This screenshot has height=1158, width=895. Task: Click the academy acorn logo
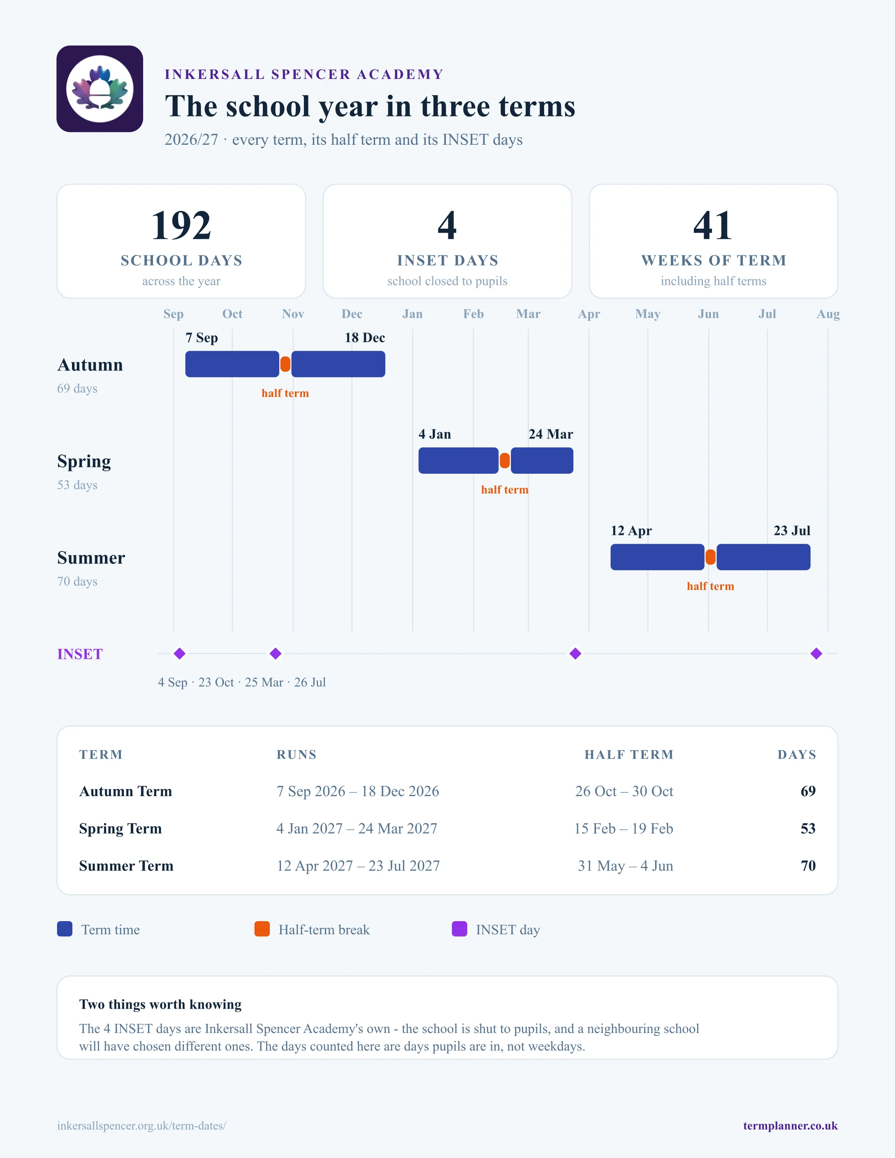click(x=100, y=88)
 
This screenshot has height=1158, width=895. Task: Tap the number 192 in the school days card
click(x=181, y=225)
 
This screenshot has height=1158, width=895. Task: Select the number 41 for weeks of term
click(x=713, y=225)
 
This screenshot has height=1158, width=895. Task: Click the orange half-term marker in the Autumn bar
click(x=285, y=364)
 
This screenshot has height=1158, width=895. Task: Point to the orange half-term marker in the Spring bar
click(x=505, y=461)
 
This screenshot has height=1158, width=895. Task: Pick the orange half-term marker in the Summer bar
click(x=710, y=557)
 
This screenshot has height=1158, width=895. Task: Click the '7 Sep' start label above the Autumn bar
click(x=202, y=338)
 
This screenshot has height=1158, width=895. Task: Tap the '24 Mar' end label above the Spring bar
click(x=551, y=434)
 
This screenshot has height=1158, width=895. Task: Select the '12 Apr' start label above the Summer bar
click(x=631, y=531)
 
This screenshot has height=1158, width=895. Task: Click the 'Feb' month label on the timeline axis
click(x=473, y=314)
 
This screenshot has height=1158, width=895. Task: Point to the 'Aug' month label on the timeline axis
click(x=828, y=314)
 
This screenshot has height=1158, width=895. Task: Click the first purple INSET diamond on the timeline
click(x=180, y=654)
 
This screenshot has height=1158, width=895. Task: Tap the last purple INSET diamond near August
click(x=816, y=654)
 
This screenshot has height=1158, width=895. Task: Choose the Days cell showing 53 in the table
click(x=808, y=828)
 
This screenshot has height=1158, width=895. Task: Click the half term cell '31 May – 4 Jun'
click(x=626, y=866)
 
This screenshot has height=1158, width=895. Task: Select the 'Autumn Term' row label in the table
click(x=126, y=791)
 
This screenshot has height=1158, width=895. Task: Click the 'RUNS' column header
click(x=297, y=755)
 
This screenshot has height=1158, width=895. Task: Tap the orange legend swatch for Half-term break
click(x=262, y=929)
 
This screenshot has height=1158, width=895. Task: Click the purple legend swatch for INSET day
click(x=459, y=929)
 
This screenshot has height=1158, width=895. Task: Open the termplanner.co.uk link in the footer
click(x=791, y=1126)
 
